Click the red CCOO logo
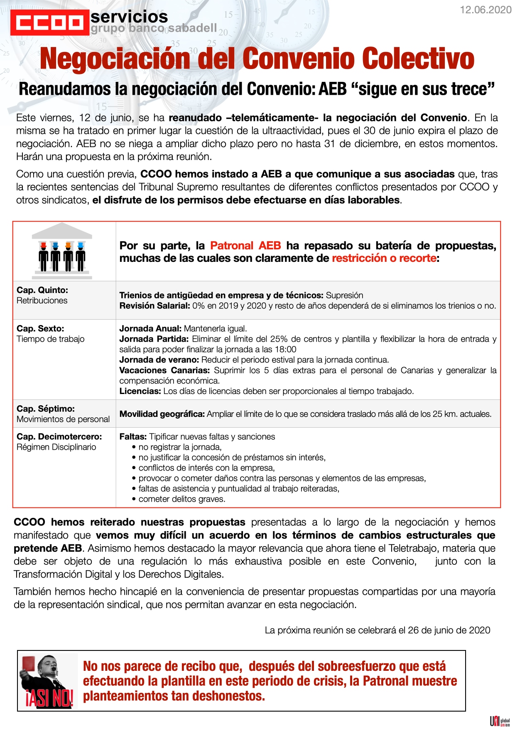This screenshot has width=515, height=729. click(x=49, y=22)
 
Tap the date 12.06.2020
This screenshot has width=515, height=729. click(x=486, y=10)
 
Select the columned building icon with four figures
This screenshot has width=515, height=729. click(x=62, y=251)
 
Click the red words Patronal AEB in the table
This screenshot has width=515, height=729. click(x=245, y=246)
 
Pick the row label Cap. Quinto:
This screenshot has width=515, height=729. click(x=42, y=290)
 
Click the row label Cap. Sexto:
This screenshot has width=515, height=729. click(x=40, y=328)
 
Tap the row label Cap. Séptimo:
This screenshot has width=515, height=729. click(x=46, y=409)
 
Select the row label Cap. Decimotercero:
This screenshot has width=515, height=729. click(x=59, y=436)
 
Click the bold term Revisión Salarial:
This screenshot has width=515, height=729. click(x=154, y=305)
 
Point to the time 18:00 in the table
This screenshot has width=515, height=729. click(x=286, y=349)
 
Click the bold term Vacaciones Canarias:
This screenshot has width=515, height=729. click(x=164, y=370)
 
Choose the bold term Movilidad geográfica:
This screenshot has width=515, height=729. click(x=162, y=414)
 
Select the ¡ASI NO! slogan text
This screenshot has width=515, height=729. click(x=49, y=698)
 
